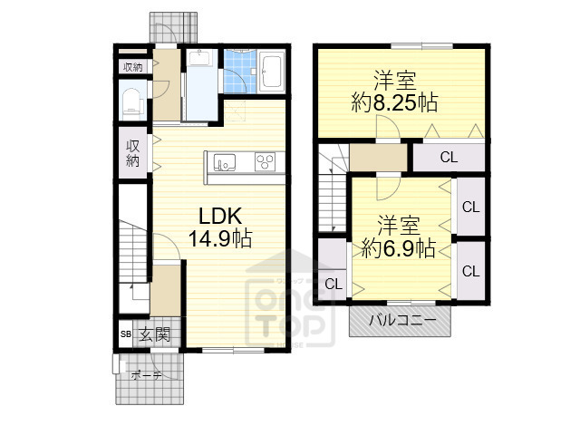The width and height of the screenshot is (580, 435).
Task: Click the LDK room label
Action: coord(219,217)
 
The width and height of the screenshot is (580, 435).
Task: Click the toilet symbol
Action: coord(132,101)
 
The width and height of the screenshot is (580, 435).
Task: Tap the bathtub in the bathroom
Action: coord(272,71)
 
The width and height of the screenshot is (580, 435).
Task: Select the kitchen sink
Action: coord(225,163)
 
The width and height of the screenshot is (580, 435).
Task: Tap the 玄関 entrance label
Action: coord(154,334)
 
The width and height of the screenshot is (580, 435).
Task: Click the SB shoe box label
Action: coord(125,335)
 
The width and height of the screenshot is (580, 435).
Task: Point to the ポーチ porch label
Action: coord(145,374)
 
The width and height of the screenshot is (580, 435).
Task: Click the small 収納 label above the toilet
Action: coord(133,67)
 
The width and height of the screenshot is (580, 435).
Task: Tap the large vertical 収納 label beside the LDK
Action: coord(132,153)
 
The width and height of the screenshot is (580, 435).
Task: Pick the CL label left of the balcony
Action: coord(333,284)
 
